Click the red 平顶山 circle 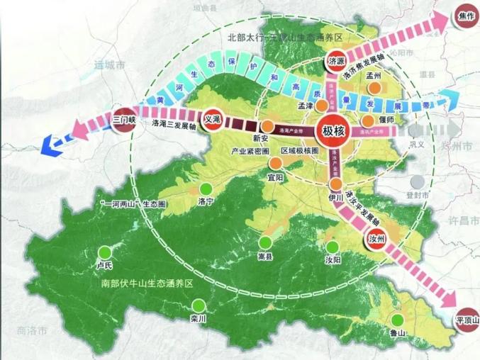[467, 320]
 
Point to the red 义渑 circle [213, 119]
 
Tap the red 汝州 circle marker [376, 240]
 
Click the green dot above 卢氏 [106, 252]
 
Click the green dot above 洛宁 [206, 189]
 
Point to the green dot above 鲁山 [397, 320]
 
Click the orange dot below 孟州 [374, 89]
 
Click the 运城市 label [110, 64]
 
